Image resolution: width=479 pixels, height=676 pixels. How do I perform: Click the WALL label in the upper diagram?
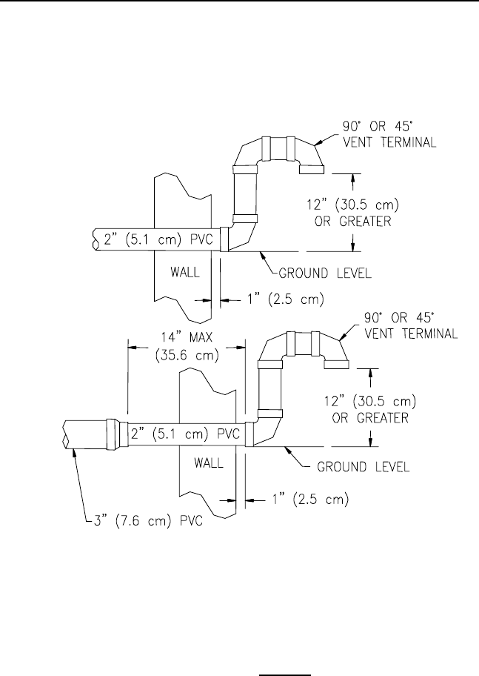coord(185,273)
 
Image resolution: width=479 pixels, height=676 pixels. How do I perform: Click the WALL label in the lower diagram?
coord(209,463)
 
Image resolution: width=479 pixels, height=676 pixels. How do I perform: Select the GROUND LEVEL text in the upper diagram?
coord(325,274)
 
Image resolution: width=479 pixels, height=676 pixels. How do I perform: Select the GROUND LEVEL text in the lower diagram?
coord(363,467)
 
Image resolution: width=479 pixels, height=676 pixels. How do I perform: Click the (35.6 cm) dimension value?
coord(187,356)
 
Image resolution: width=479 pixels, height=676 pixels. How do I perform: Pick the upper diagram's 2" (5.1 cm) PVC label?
coord(158,239)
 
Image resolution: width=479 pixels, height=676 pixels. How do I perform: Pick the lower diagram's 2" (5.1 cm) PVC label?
coord(185,433)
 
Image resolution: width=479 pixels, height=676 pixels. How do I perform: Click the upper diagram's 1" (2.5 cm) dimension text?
coord(286,299)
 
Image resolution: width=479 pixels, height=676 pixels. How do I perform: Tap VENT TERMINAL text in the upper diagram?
coord(389,142)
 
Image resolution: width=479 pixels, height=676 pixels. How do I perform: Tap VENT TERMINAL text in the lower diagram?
coord(411,334)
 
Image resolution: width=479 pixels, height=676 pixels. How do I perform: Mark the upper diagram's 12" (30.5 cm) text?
coord(353,204)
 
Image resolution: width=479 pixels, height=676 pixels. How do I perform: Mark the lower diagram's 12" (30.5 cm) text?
coord(370,402)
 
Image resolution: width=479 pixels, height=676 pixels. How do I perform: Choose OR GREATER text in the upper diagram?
coord(353,222)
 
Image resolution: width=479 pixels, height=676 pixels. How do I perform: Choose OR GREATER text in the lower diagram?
coord(370,418)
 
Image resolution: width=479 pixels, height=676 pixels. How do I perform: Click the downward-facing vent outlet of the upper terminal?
coord(312,170)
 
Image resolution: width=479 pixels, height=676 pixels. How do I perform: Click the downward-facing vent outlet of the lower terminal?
coord(336,364)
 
